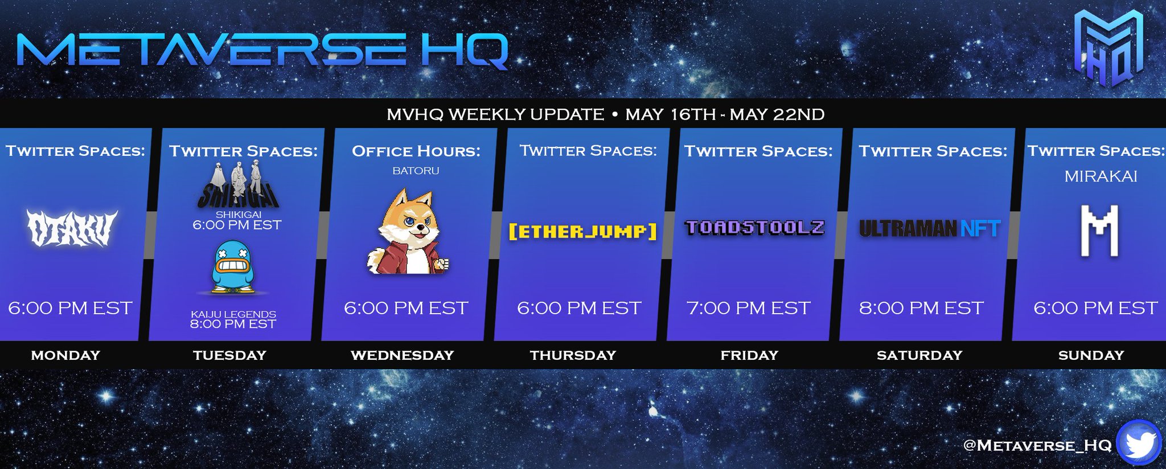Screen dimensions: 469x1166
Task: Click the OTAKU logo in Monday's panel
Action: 72,228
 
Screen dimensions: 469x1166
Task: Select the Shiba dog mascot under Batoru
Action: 408,232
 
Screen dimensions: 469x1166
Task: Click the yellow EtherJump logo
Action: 582,231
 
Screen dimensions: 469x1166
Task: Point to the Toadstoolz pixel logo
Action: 754,228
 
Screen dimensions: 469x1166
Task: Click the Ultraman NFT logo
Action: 929,228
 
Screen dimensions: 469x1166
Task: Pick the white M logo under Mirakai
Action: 1099,231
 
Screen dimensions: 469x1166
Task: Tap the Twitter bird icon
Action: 1138,442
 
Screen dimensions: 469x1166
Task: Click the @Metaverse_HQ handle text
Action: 1037,445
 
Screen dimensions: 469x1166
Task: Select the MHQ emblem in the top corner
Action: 1108,48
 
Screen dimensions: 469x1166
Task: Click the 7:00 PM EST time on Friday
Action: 748,308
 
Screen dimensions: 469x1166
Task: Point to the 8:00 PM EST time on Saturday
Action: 921,308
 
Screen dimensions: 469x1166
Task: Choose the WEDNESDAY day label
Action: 402,355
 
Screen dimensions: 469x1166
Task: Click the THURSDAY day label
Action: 573,355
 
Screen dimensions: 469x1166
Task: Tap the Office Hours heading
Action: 416,151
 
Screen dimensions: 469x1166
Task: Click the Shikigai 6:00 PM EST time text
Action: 237,225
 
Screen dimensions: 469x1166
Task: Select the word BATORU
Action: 416,170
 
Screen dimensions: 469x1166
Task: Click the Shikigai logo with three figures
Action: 238,185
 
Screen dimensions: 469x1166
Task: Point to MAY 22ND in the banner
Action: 777,114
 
